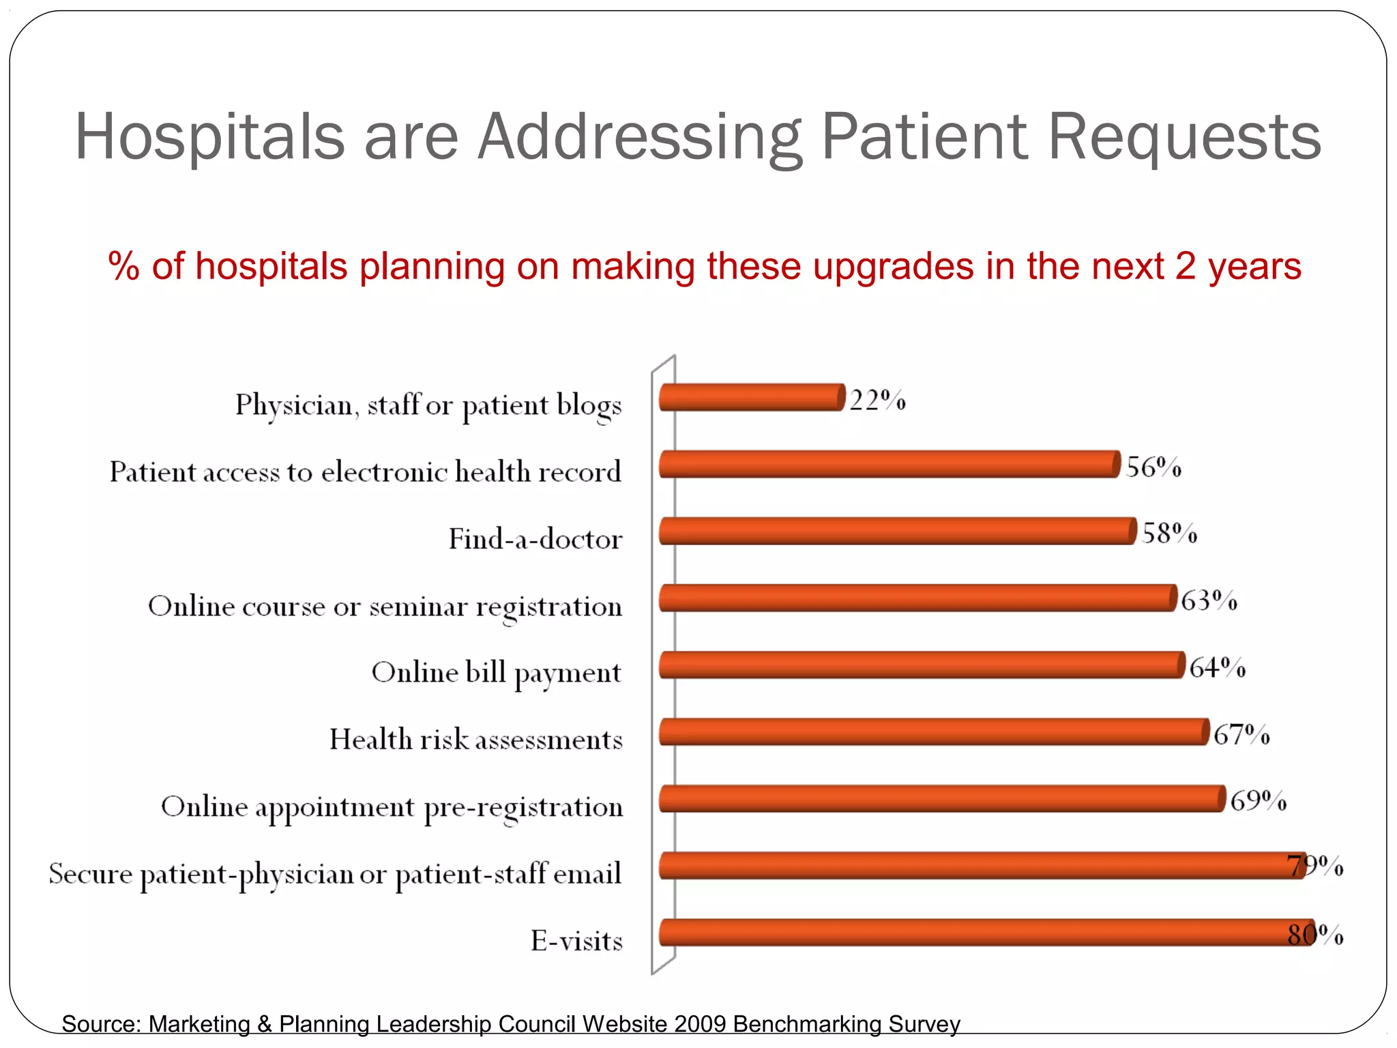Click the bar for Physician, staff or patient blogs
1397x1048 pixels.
750,397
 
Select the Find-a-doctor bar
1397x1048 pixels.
896,531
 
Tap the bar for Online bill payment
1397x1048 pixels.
921,665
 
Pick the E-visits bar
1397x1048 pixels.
986,932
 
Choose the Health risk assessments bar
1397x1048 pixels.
933,731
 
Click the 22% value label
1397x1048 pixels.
877,400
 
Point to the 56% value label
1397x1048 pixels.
1153,467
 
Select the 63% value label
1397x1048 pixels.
1209,600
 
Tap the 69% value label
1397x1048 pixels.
1258,800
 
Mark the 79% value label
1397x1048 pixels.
1315,866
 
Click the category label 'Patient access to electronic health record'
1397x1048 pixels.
366,472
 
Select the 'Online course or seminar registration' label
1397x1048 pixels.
385,607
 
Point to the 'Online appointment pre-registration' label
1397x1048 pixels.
392,807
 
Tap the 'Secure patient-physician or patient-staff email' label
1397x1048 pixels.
335,874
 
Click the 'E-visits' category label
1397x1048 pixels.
576,941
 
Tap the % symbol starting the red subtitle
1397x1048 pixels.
123,266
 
